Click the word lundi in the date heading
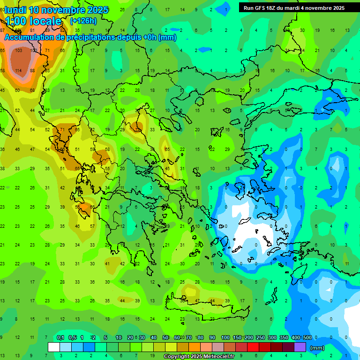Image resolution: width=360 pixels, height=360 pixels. tap(15, 10)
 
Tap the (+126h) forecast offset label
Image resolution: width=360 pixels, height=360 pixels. tap(83, 21)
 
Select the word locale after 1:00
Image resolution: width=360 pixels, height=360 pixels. tap(45, 21)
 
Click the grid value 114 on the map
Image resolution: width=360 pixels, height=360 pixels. tap(18, 70)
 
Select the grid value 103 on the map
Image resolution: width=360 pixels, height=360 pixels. tap(19, 50)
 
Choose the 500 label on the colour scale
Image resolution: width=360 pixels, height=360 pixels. tap(307, 337)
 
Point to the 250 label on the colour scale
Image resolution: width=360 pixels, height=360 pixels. tap(260, 337)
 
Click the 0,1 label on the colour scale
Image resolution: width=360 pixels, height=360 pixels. tap(60, 337)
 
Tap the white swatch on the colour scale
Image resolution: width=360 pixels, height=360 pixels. tap(54, 347)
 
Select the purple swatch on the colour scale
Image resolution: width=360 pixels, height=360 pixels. tap(300, 347)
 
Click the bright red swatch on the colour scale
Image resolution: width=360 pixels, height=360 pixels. tap(253, 347)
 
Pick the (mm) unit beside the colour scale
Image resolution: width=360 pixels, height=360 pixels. tap(317, 348)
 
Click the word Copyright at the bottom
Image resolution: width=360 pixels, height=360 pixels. tap(177, 357)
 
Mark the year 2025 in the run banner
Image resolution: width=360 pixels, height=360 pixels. tap(337, 8)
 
